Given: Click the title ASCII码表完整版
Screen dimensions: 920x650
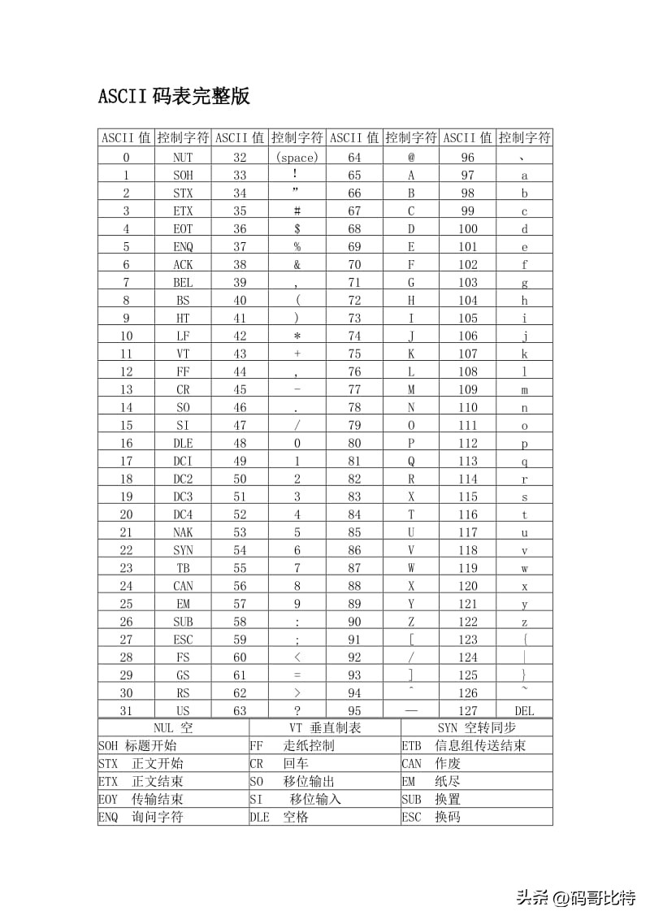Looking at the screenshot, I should coord(174,97).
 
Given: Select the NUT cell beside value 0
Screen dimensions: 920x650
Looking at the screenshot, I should coord(183,158).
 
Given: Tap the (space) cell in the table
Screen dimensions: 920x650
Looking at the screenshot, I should coord(297,158).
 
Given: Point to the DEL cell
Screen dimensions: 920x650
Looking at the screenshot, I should coord(524,711).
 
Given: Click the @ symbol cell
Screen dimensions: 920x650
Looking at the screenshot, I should coord(411,158).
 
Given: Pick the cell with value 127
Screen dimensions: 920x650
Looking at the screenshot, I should coord(467,711).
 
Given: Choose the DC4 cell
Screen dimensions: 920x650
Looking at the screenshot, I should coord(183,514).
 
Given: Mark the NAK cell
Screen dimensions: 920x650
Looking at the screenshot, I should coord(183,532).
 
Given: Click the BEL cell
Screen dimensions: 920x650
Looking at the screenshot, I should coord(183,283).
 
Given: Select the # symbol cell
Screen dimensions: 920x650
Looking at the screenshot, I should coord(297,211).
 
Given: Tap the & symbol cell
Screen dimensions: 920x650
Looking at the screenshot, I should coord(297,265).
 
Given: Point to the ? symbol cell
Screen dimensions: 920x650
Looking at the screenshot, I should coord(297,711).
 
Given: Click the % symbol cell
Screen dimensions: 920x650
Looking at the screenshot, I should coord(297,247).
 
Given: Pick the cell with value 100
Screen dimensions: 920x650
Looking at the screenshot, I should coord(467,229).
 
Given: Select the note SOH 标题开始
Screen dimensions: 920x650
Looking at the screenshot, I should coord(137,745).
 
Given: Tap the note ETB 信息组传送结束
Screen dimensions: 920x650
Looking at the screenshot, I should coord(463,745).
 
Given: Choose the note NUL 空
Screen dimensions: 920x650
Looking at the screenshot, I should coord(173,727).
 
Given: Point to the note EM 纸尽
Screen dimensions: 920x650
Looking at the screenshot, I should coord(431,781).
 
